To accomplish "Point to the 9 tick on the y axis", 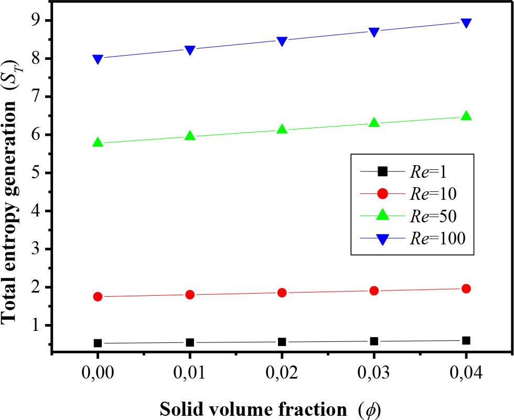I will (x=36, y=20).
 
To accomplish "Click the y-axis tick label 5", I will (x=36, y=173).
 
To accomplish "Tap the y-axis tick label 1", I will (x=36, y=326).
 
